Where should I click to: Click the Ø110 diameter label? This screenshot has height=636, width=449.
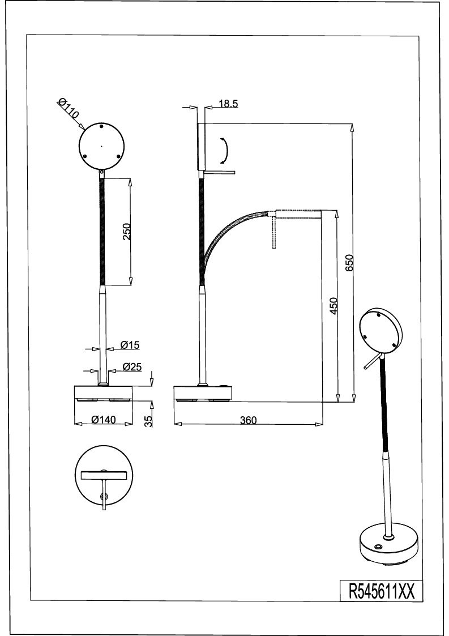coord(68,108)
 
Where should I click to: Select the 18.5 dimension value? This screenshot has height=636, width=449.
coord(228,104)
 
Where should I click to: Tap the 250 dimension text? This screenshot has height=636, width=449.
coord(127,232)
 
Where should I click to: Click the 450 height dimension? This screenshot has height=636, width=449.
coord(333,306)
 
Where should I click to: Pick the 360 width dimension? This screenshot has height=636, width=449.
coord(248,420)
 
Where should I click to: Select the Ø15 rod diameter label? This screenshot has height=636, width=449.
coord(130,345)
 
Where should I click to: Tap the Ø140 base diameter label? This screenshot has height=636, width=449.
coord(104,420)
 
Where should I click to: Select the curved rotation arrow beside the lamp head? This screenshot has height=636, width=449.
coord(225,151)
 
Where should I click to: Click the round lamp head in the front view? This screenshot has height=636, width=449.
coord(101,146)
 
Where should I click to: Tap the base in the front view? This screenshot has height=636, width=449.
coord(104,394)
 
